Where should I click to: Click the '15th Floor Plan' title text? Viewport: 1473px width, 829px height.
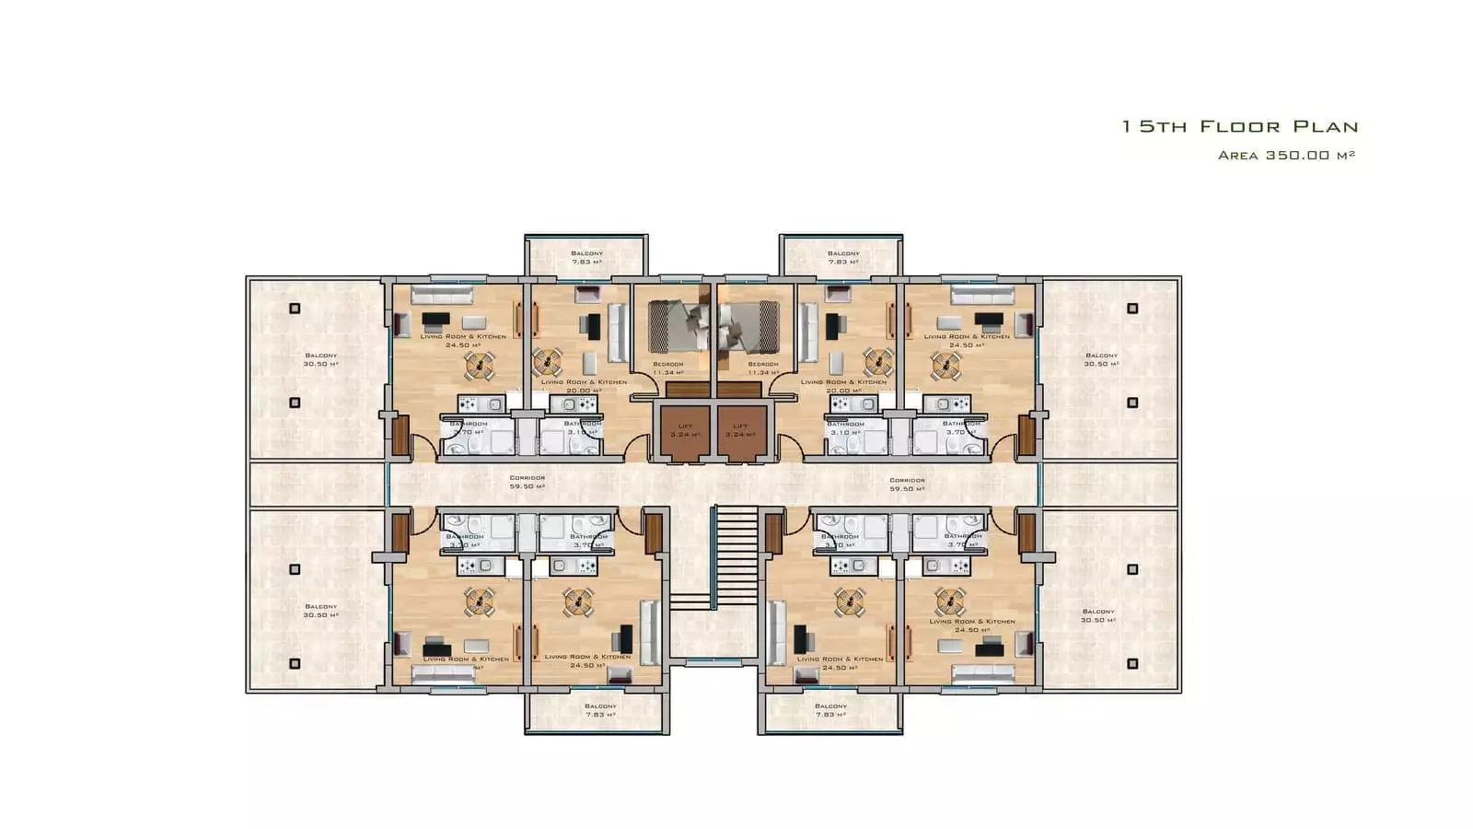1239,127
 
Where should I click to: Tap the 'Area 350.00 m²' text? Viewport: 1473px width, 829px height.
1286,156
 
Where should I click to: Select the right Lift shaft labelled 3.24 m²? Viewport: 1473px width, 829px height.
741,430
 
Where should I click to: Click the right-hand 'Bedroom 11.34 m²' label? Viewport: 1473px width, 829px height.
763,368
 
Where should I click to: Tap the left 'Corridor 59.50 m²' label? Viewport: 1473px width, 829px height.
528,482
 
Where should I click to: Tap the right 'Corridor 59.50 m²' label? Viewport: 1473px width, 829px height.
907,485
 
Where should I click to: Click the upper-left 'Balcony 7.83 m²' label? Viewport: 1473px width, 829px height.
586,257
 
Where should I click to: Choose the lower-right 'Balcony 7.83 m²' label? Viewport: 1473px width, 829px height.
830,710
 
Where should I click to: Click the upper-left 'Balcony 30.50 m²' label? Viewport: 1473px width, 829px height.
320,359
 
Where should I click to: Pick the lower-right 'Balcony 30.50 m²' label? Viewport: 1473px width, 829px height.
1098,615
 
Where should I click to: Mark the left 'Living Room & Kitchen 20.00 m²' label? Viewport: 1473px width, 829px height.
584,386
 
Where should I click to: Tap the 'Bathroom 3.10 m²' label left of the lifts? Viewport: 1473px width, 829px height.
582,427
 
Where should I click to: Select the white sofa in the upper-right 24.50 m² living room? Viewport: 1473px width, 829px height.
982,295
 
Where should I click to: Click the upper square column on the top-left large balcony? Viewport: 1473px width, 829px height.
295,309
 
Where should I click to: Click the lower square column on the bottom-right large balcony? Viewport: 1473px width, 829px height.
1132,663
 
